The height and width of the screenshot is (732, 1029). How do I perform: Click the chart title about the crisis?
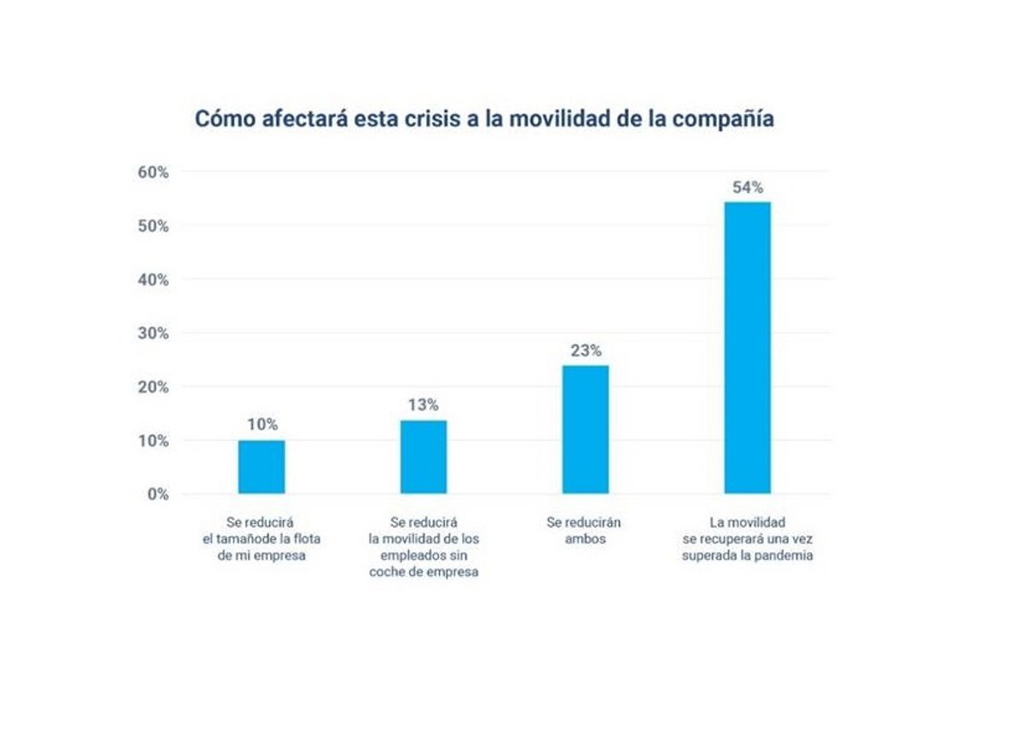484,118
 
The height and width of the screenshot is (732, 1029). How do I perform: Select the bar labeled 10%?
262,467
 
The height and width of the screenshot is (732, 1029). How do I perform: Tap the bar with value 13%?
424,457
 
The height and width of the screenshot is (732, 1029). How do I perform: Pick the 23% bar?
586,429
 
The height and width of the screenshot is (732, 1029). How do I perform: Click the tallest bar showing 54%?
748,347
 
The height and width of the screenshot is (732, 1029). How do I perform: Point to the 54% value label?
748,188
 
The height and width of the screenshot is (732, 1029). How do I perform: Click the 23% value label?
586,351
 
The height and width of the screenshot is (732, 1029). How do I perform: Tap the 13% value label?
424,405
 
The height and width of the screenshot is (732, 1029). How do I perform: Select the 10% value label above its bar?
262,424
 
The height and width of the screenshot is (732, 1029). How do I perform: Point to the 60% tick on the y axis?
153,172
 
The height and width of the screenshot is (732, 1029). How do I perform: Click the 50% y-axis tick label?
153,226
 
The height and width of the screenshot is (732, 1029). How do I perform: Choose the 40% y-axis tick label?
153,279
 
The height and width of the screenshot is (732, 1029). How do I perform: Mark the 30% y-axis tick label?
153,333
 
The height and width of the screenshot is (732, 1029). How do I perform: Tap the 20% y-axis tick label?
153,387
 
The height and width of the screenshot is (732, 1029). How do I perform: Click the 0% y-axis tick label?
156,495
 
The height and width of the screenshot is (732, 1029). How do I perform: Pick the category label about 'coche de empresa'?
424,547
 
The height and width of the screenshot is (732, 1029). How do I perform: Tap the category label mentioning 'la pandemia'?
748,538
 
